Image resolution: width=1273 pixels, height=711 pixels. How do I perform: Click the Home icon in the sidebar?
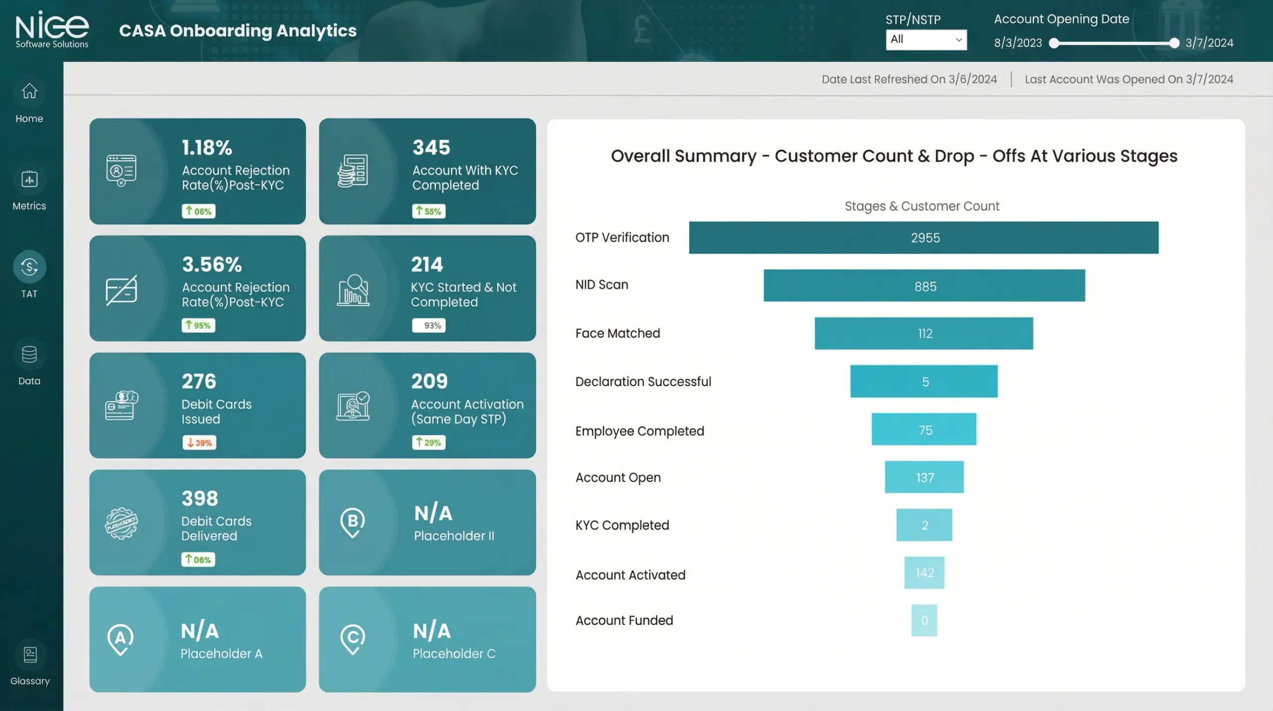click(29, 92)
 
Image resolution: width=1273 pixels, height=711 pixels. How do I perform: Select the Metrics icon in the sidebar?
click(29, 179)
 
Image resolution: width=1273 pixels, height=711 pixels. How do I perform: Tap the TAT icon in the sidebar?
click(29, 267)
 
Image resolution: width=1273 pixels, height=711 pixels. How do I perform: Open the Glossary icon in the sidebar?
click(30, 655)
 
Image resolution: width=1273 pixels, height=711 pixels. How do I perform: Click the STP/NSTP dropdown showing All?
click(926, 40)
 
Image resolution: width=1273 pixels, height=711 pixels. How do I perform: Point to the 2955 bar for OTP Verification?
click(923, 238)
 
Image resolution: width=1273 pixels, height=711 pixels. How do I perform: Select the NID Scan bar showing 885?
click(924, 286)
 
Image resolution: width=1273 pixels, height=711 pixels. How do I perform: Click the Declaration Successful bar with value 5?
click(923, 382)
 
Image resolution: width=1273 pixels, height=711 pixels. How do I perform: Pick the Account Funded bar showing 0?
click(924, 620)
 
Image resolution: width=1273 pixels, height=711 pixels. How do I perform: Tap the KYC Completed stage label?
click(622, 525)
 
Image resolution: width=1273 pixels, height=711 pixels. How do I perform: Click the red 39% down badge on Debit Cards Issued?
click(199, 443)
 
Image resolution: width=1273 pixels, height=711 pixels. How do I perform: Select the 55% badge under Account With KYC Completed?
click(429, 211)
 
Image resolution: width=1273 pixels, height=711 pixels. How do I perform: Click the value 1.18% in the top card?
click(207, 148)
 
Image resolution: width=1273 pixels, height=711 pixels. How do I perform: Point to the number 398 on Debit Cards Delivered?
click(200, 499)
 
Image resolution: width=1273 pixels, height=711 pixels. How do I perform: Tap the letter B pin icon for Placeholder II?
click(353, 522)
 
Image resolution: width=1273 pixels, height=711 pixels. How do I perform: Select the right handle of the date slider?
click(1174, 43)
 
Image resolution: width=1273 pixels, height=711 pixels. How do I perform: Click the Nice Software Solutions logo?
click(52, 30)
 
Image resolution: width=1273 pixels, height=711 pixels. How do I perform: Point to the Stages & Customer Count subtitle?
click(921, 206)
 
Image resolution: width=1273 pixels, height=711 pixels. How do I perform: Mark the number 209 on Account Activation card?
click(429, 382)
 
